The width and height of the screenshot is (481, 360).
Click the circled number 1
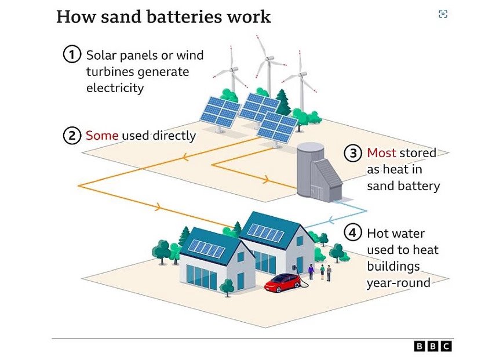point(72,54)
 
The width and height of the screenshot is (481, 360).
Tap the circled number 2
point(72,135)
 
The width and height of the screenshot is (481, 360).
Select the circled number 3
point(353,153)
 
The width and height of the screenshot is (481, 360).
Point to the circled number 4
point(353,233)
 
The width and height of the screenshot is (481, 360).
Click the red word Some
point(102,135)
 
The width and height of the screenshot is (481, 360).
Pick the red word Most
point(381,152)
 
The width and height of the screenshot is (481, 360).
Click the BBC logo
point(433,346)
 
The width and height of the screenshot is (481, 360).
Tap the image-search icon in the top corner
point(443,14)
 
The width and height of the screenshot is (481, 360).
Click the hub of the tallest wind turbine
point(269,58)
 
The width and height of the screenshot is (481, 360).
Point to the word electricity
point(115,88)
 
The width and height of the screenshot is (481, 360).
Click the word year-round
point(399,282)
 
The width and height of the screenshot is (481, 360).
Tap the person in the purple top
point(311,271)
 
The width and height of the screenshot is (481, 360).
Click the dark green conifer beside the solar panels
point(283,102)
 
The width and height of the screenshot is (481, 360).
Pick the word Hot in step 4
point(377,233)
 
